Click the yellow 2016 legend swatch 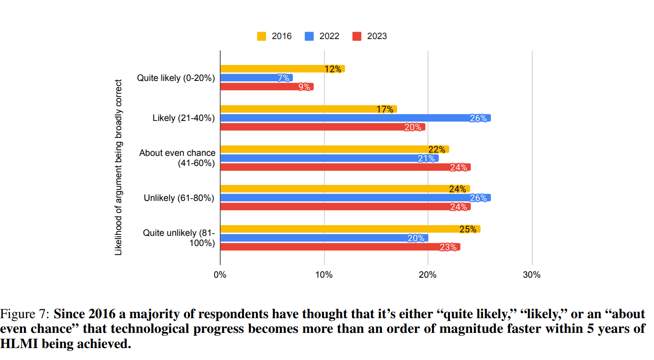click(x=262, y=36)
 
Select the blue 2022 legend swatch click(x=309, y=36)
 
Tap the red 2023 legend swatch click(x=357, y=36)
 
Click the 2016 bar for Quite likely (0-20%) click(x=276, y=69)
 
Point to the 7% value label click(x=284, y=78)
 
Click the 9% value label click(x=304, y=87)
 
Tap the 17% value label click(x=385, y=109)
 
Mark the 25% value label click(x=467, y=229)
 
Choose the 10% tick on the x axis click(x=324, y=275)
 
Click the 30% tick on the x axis click(x=532, y=275)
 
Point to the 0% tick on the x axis click(x=220, y=275)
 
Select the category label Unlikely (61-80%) click(x=179, y=198)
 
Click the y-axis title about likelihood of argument click(x=119, y=167)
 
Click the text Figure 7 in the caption click(x=24, y=314)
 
